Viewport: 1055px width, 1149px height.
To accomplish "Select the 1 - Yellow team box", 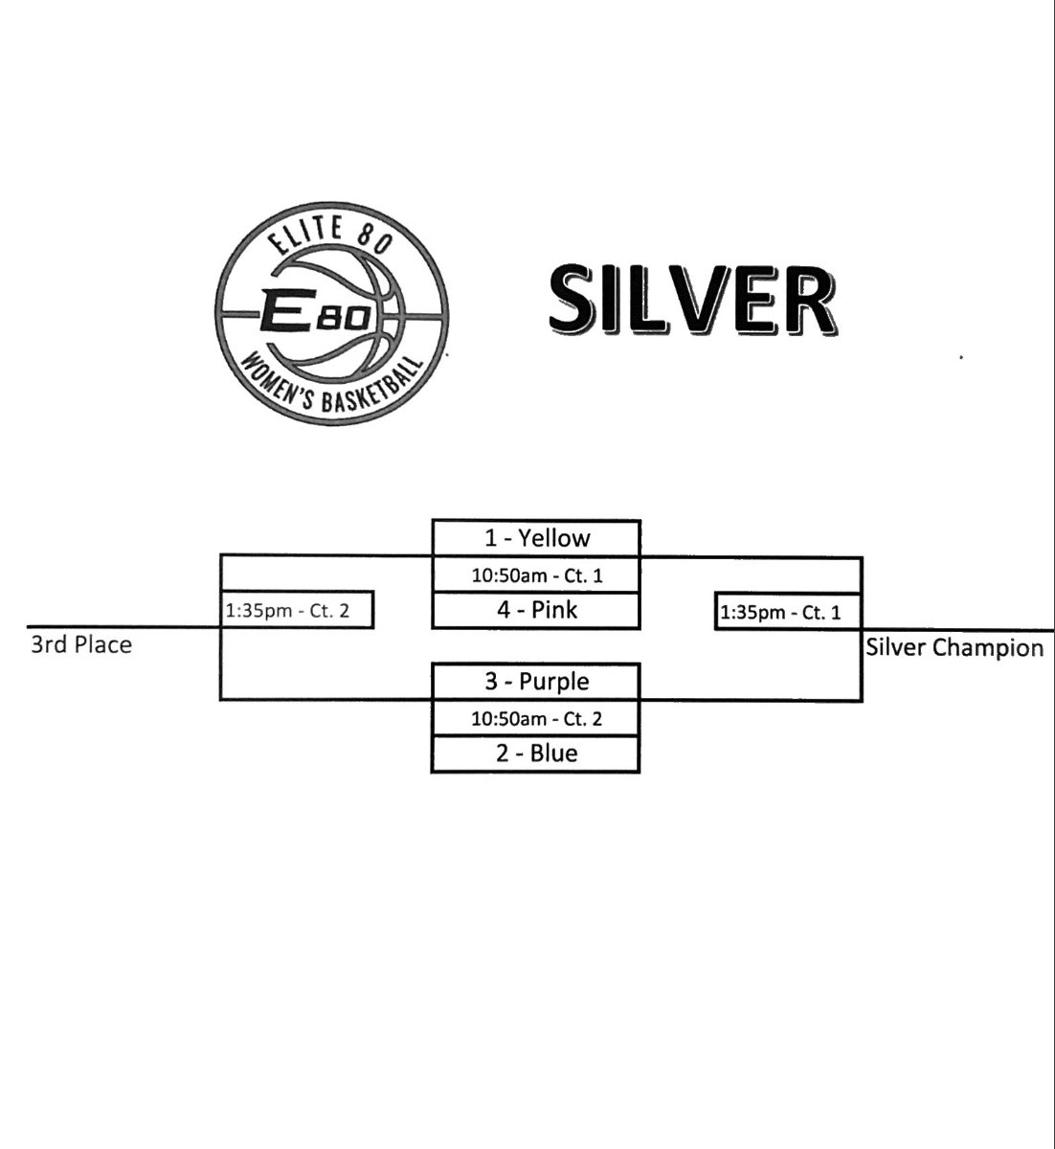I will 536,538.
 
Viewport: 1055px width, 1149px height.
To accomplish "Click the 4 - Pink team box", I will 536,610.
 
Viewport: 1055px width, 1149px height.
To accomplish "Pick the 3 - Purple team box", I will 536,682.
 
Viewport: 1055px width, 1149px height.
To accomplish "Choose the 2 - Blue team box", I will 536,754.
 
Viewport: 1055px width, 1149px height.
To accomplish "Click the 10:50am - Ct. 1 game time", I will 536,575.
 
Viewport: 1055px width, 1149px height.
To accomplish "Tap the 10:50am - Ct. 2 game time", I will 536,718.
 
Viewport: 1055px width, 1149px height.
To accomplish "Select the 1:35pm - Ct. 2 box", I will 297,610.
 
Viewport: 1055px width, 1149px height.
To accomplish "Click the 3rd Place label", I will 80,644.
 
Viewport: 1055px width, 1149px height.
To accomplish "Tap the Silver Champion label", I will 954,648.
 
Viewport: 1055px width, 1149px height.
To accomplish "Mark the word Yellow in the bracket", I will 554,538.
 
